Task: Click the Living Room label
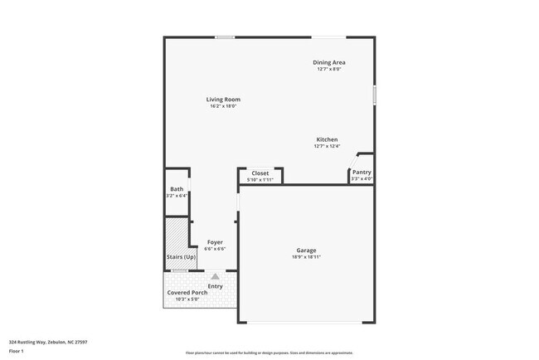(x=223, y=100)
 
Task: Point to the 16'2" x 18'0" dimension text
(x=223, y=106)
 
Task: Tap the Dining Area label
(x=329, y=62)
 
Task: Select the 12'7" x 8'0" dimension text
(x=329, y=69)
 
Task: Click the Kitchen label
(x=327, y=139)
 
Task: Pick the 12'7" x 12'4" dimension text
(x=327, y=146)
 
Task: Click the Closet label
(x=260, y=173)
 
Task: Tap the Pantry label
(x=362, y=173)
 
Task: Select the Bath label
(x=177, y=189)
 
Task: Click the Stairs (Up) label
(x=181, y=256)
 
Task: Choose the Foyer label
(x=215, y=242)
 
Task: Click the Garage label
(x=307, y=250)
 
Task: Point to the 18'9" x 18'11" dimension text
(x=307, y=257)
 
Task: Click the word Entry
(x=215, y=286)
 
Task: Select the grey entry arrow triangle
(x=215, y=276)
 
